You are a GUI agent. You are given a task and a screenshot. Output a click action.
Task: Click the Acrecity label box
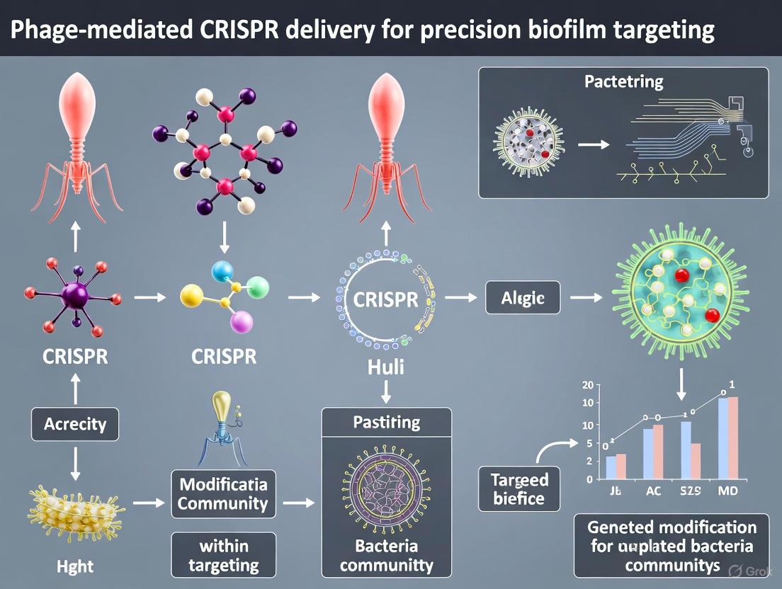74,424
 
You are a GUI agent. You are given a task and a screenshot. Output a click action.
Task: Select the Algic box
523,298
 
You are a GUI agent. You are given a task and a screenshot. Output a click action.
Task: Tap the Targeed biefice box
519,488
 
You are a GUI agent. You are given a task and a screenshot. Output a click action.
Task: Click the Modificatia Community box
223,494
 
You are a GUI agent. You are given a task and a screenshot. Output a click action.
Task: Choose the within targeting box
223,556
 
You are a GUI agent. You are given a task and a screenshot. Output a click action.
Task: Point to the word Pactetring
623,81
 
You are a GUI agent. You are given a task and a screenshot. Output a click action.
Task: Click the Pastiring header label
386,423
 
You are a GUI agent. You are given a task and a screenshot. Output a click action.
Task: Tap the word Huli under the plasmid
386,367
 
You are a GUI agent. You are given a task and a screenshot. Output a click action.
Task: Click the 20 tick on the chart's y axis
586,386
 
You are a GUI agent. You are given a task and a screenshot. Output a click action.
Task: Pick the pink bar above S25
695,461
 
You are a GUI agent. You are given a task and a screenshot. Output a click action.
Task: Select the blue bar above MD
722,439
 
